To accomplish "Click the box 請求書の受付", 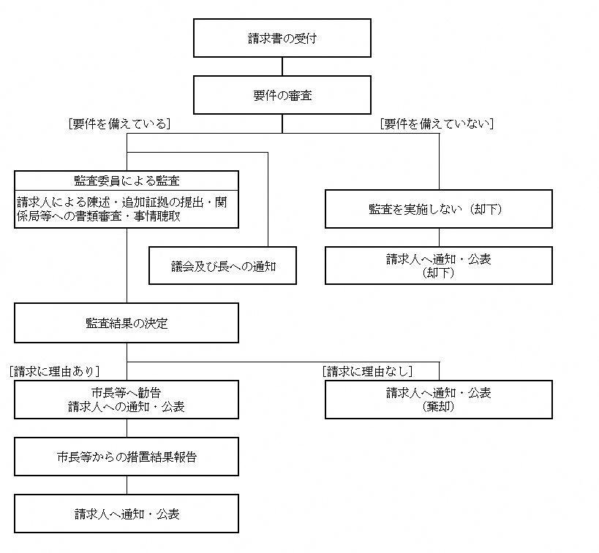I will point(282,38).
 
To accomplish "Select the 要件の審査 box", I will point(282,95).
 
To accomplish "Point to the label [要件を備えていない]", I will point(437,124).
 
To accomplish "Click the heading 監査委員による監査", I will point(127,180).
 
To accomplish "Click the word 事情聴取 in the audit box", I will point(157,216).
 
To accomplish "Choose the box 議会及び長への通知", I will point(222,266).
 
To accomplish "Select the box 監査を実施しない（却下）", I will point(438,209).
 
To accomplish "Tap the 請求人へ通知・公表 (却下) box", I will point(438,265).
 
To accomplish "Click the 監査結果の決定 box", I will point(127,323).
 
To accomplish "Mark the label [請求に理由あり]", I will point(56,371).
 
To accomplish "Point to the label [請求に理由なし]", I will point(367,371).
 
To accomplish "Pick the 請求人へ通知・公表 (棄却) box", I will point(438,400).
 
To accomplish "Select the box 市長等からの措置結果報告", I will point(127,457).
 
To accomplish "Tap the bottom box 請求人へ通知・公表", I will point(127,514).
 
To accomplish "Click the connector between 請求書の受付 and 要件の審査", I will point(282,66).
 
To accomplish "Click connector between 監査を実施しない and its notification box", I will point(439,237).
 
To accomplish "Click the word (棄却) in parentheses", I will point(438,407).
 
